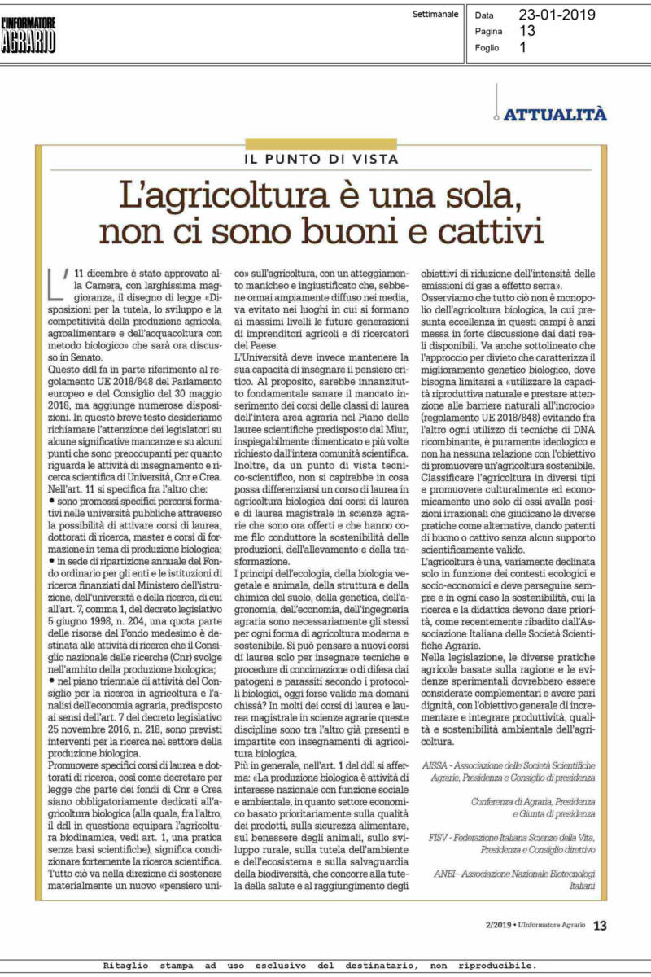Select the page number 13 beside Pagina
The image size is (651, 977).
527,31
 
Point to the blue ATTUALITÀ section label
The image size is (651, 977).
555,115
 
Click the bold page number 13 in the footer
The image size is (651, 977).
601,925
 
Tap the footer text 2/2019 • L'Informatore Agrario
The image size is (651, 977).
532,926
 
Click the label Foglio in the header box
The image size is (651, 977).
487,47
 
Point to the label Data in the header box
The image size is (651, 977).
484,15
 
